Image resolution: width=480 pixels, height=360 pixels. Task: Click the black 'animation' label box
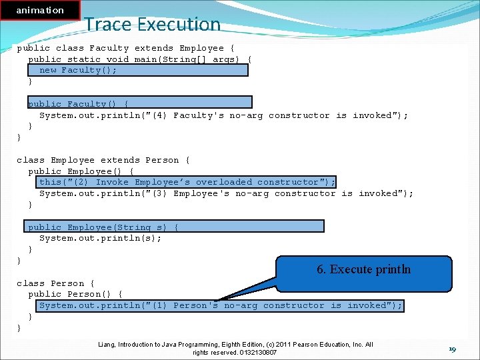click(x=40, y=10)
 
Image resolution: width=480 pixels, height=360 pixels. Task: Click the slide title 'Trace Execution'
click(x=152, y=24)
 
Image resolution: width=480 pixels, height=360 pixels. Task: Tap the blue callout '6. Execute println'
click(x=363, y=269)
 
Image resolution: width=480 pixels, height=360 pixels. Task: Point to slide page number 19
click(x=451, y=349)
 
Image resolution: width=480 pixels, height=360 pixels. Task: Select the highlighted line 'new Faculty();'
click(x=78, y=70)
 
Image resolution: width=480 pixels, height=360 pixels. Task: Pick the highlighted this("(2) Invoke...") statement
click(x=187, y=182)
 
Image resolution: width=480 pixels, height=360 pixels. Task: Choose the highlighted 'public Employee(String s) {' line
click(x=103, y=227)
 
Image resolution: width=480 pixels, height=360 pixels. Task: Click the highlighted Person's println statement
click(x=220, y=305)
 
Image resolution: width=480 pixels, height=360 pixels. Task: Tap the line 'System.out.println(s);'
click(x=100, y=238)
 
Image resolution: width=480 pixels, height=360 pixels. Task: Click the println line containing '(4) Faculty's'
click(x=223, y=115)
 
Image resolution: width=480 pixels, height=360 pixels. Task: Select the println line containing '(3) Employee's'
click(x=226, y=193)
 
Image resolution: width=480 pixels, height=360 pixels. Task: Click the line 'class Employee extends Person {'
click(x=103, y=160)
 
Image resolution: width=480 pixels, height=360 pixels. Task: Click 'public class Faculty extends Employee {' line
click(x=125, y=48)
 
